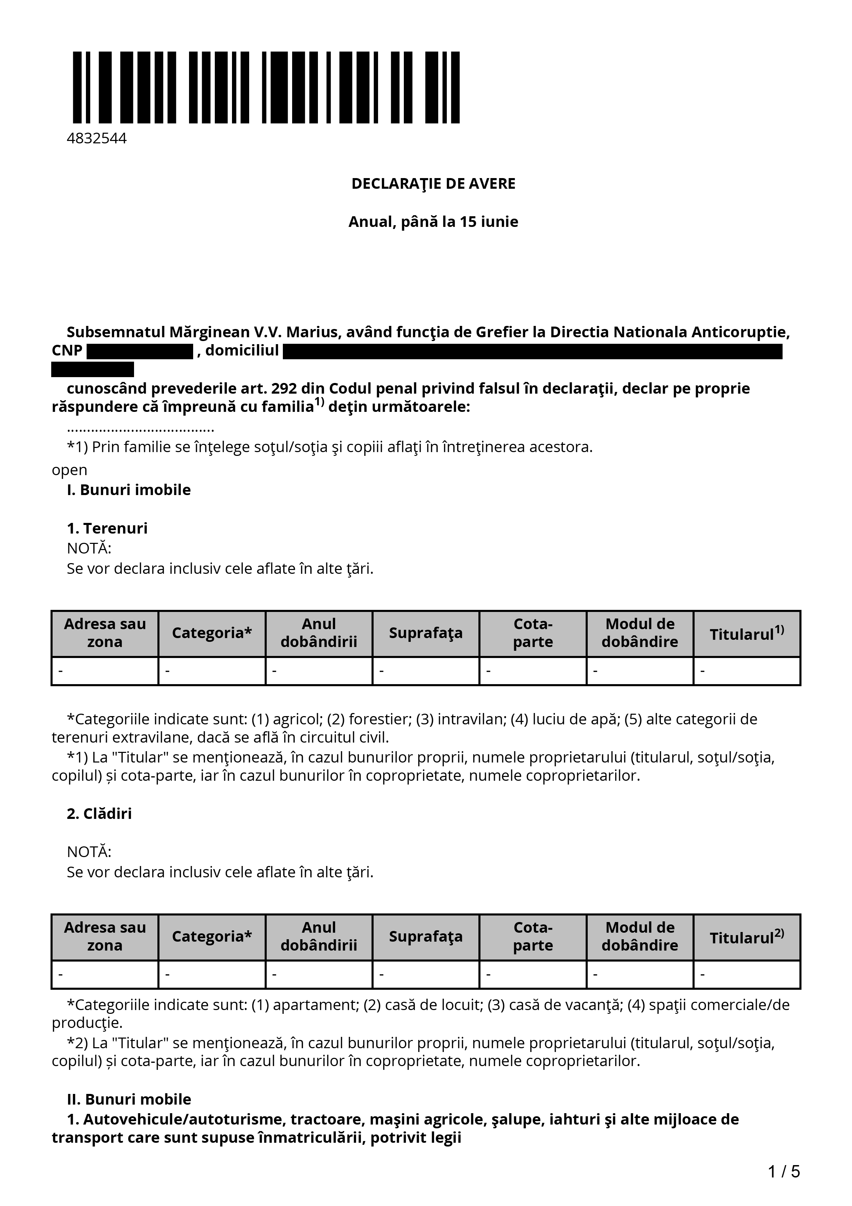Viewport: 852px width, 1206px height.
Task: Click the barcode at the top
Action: tap(266, 87)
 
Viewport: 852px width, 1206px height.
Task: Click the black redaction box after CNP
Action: tap(140, 351)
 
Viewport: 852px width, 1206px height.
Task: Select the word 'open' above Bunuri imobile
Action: tap(69, 470)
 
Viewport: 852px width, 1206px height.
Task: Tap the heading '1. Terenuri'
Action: tap(107, 528)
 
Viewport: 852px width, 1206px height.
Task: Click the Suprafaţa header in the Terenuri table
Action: tap(426, 634)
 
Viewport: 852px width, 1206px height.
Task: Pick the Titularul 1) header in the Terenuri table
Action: tap(746, 634)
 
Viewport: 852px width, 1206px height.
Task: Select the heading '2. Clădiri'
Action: tap(99, 814)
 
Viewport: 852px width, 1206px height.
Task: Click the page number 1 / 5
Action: tap(784, 1171)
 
